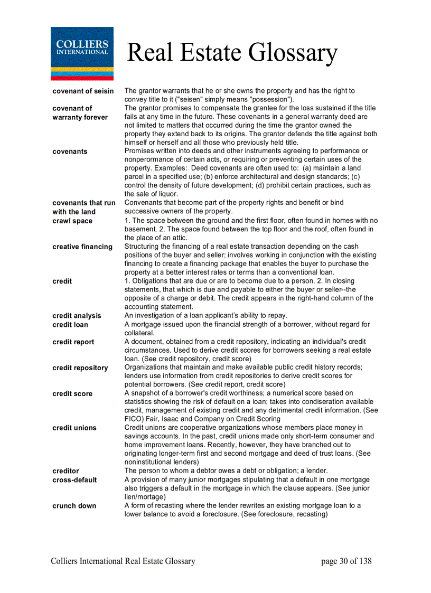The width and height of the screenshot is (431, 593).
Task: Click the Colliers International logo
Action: click(x=82, y=53)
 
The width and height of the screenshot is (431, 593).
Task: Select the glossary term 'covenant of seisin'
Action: click(x=83, y=91)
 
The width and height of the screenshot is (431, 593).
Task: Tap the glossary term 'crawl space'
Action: click(x=72, y=221)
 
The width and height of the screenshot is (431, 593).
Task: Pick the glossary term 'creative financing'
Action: click(x=82, y=247)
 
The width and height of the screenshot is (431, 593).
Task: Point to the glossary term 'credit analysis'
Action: click(x=77, y=316)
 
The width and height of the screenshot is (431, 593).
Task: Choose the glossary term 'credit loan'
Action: click(x=70, y=325)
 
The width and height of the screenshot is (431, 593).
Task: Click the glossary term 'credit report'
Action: click(x=73, y=342)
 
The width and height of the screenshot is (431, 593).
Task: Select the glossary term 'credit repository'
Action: click(x=80, y=368)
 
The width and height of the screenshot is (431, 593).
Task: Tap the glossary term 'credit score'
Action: click(x=72, y=393)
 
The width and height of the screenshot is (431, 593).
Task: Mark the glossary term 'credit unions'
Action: click(x=74, y=428)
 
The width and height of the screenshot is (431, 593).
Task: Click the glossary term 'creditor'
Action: click(x=65, y=471)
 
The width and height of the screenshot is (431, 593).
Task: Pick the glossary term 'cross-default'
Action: click(x=74, y=480)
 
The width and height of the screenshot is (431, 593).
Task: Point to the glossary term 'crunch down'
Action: click(x=74, y=506)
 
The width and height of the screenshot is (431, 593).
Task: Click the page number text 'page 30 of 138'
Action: click(x=346, y=561)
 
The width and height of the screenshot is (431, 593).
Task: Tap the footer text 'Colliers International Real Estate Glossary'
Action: click(x=123, y=561)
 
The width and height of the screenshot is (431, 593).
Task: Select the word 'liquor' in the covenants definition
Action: click(x=166, y=194)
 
